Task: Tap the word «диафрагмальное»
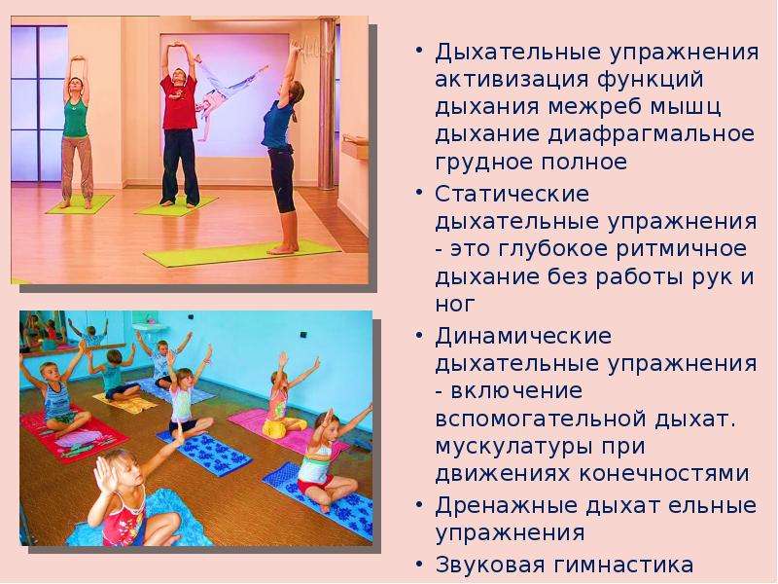(x=652, y=134)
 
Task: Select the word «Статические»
(x=513, y=194)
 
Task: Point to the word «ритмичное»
(x=682, y=249)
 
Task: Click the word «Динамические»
(x=523, y=336)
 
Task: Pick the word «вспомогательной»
(x=541, y=419)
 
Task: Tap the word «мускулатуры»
(x=513, y=447)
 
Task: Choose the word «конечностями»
(x=664, y=473)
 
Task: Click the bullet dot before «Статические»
(x=420, y=192)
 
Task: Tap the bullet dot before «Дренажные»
(x=420, y=504)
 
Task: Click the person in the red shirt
(x=179, y=125)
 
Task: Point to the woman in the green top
(x=76, y=131)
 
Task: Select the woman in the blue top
(x=281, y=149)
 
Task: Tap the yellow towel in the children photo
(x=125, y=400)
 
